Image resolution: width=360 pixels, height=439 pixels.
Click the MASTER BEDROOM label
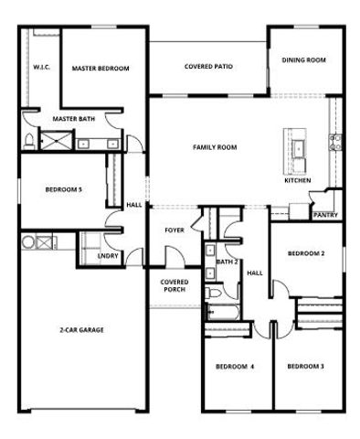pos(101,69)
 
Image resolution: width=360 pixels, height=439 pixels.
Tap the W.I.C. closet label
pos(41,68)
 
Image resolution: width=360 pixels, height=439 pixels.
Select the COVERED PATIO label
pos(208,67)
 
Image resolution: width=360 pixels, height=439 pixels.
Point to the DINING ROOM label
pos(303,60)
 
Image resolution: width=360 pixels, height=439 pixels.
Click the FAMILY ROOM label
pos(215,146)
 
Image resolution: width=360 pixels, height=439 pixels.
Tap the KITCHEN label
pos(298,180)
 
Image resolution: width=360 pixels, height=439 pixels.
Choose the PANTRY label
pos(324,216)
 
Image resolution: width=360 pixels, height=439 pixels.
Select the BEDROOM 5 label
pos(64,189)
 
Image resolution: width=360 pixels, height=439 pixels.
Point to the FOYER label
pos(175,230)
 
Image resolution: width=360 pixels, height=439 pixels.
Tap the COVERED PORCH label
pos(174,285)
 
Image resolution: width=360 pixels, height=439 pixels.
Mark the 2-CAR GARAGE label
pos(81,329)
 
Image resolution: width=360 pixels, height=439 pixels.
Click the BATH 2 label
pos(227,262)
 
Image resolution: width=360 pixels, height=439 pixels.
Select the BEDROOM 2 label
pos(306,253)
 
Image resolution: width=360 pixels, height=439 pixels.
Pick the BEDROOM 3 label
pos(305,367)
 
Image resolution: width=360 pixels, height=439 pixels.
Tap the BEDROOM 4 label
pos(235,367)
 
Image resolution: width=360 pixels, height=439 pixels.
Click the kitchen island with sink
pos(297,149)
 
